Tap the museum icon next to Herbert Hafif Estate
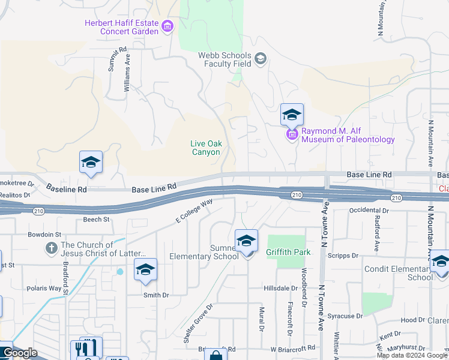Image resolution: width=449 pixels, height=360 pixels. pyautogui.click(x=167, y=26)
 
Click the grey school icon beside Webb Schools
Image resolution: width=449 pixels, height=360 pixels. pyautogui.click(x=261, y=58)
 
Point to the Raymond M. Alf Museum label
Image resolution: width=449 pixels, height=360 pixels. pyautogui.click(x=348, y=135)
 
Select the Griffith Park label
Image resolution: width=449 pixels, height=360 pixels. pyautogui.click(x=289, y=252)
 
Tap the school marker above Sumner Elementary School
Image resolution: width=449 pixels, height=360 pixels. pyautogui.click(x=246, y=241)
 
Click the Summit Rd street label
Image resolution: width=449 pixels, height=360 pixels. pyautogui.click(x=117, y=59)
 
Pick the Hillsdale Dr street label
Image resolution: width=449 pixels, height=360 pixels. pyautogui.click(x=281, y=289)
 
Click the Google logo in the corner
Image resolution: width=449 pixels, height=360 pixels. pyautogui.click(x=20, y=353)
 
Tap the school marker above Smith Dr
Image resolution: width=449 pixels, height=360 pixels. pyautogui.click(x=145, y=270)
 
